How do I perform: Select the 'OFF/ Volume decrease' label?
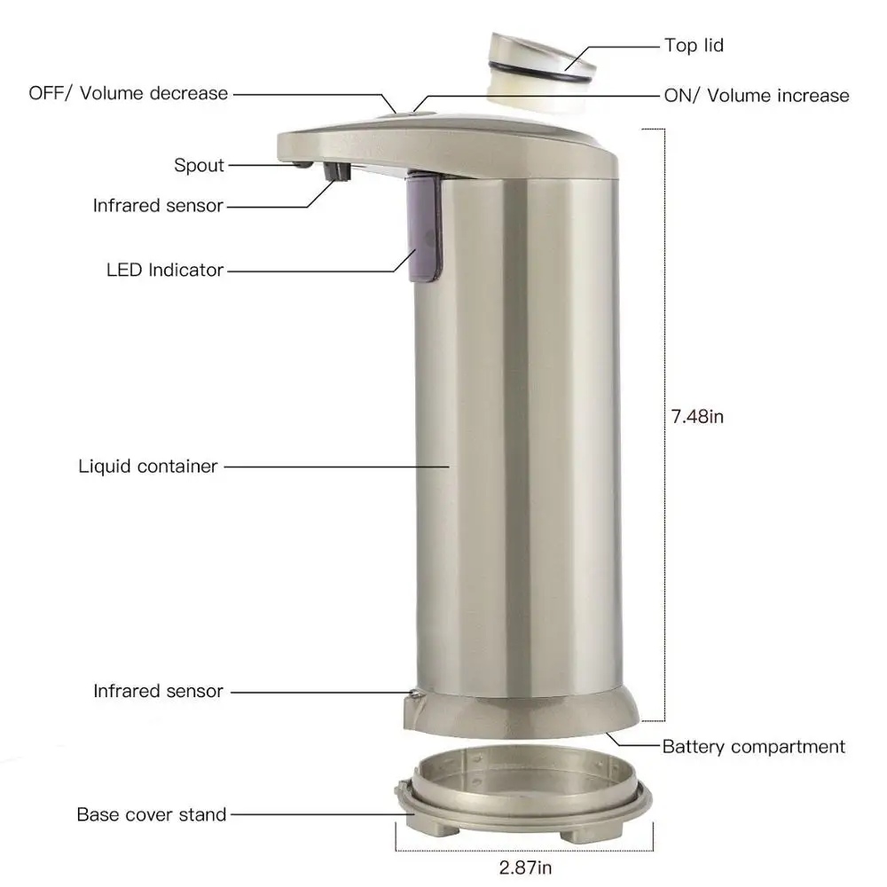click(129, 93)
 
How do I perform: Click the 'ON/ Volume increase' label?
click(757, 96)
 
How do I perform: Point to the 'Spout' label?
click(200, 165)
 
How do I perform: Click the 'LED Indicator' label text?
click(165, 270)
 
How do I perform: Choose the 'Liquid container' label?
click(148, 466)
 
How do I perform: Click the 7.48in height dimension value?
click(697, 416)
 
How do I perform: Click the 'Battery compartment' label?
click(754, 747)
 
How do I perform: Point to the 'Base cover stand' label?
click(152, 813)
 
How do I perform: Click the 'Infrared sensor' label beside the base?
click(159, 690)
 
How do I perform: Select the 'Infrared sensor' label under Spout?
click(159, 206)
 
